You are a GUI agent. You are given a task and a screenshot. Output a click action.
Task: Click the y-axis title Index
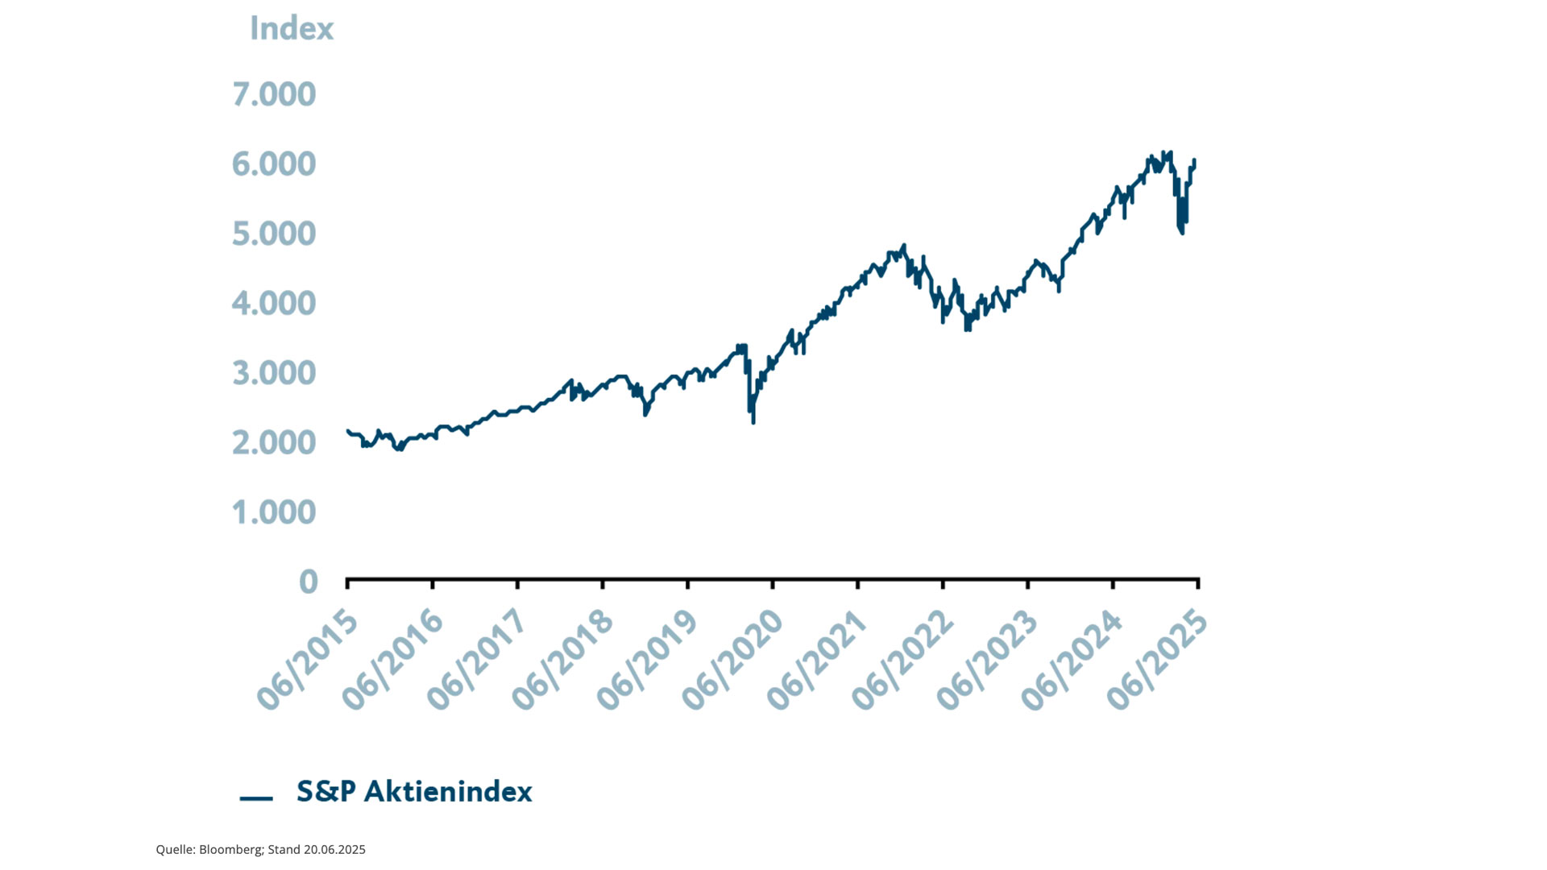tap(291, 29)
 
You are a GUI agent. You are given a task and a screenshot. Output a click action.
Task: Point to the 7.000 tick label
tap(274, 94)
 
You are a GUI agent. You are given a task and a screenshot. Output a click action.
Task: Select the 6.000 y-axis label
tap(274, 164)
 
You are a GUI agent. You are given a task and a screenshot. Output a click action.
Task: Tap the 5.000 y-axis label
tap(274, 234)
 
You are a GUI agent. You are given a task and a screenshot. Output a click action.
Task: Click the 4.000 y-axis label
tap(274, 304)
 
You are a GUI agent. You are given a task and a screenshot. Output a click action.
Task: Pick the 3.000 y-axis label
tap(274, 373)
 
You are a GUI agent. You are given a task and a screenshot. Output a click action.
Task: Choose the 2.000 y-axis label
tap(274, 442)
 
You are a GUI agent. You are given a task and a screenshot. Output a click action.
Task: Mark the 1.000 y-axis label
tap(274, 512)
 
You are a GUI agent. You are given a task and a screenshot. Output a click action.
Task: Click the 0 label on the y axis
tap(308, 582)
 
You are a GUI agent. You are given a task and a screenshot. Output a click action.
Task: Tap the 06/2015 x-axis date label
tap(308, 661)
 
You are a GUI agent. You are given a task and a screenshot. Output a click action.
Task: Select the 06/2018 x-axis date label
tap(563, 661)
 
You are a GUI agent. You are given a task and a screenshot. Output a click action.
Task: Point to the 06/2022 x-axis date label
tap(903, 661)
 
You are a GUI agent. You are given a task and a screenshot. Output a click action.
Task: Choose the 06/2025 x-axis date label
tap(1158, 661)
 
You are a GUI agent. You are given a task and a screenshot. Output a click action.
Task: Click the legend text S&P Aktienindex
tap(414, 792)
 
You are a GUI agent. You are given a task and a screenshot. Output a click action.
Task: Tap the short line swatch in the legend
tap(256, 798)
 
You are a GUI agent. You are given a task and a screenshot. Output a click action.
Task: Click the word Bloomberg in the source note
tap(230, 850)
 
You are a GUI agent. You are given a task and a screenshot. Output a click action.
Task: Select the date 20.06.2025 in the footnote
tap(334, 850)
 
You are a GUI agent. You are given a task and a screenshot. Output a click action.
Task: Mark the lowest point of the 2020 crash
tap(753, 422)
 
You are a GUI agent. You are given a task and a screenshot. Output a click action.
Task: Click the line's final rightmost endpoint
tap(1194, 161)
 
